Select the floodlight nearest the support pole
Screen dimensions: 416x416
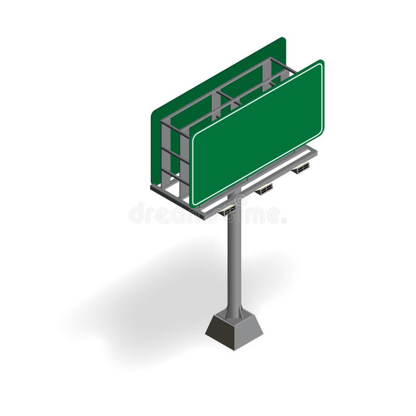227,210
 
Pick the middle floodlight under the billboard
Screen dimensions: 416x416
264,189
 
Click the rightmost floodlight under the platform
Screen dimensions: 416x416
301,167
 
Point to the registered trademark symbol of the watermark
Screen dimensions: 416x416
284,220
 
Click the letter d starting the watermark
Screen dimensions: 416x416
136,213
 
